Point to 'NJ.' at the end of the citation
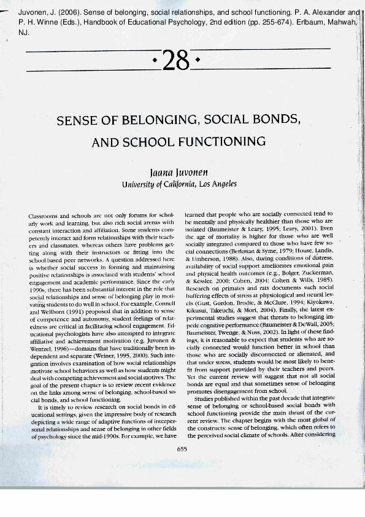(8, 34)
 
